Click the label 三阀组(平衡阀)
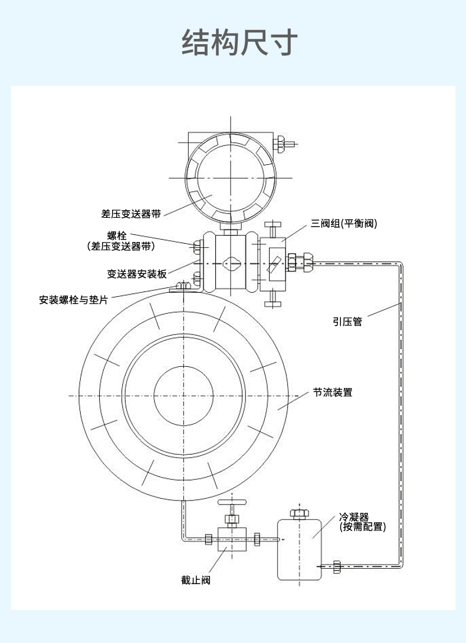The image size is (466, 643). (x=344, y=224)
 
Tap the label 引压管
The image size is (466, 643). (x=347, y=321)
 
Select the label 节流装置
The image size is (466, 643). (x=333, y=392)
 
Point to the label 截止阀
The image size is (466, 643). (x=195, y=581)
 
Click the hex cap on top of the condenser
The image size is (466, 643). (x=299, y=513)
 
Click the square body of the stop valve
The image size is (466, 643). (x=231, y=538)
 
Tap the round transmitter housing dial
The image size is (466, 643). (x=230, y=178)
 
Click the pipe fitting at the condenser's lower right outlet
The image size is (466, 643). (x=337, y=566)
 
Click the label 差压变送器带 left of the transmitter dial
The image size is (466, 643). (x=131, y=214)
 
